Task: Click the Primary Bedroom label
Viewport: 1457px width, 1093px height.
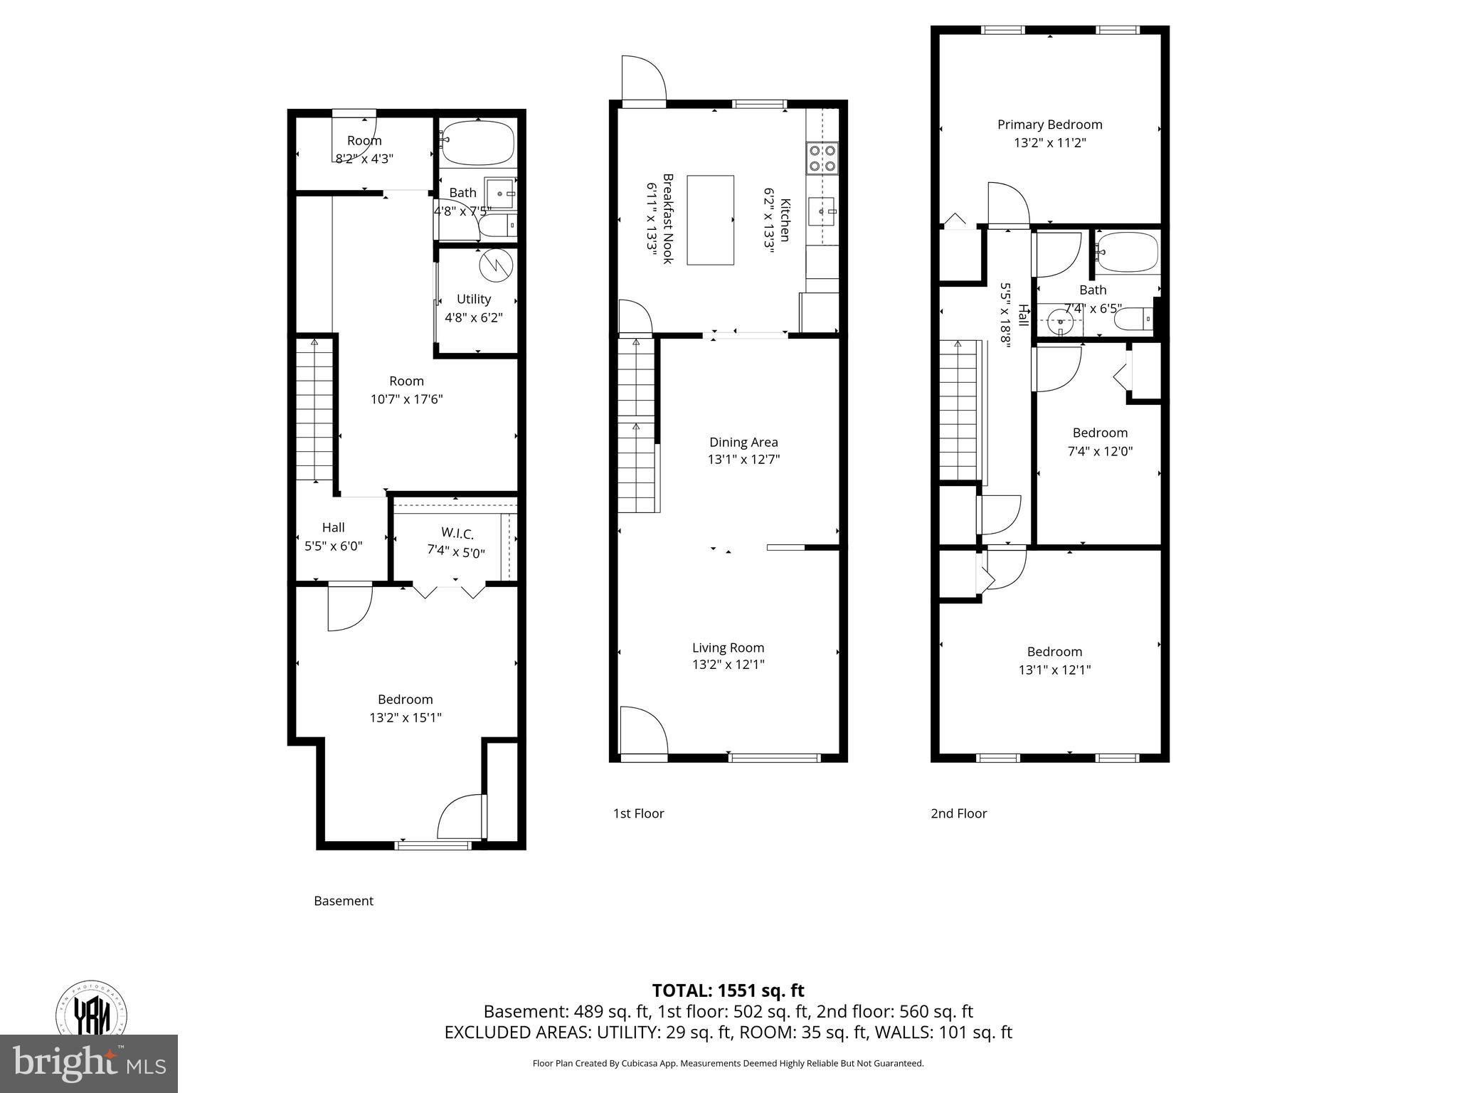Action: (x=1049, y=125)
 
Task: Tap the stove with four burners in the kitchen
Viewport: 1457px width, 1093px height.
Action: (x=822, y=158)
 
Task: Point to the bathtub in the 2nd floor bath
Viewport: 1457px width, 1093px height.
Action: (x=1126, y=252)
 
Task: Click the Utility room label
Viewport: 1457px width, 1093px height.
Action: (x=474, y=299)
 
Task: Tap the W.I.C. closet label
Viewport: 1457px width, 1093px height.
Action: (x=457, y=532)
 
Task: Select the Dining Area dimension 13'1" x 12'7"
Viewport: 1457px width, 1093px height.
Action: (x=743, y=460)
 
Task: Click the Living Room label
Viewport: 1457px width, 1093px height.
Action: (x=728, y=648)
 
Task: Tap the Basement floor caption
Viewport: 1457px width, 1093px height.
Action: (x=344, y=901)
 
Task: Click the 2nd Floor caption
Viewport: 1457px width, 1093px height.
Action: (x=958, y=813)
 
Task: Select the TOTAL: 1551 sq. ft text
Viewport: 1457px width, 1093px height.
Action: (x=728, y=991)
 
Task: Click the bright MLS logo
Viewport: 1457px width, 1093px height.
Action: (x=89, y=1063)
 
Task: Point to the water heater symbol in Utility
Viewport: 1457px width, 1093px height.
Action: (x=495, y=265)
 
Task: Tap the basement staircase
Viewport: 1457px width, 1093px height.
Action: (x=314, y=411)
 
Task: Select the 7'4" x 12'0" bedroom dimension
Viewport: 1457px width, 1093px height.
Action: (x=1100, y=451)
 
